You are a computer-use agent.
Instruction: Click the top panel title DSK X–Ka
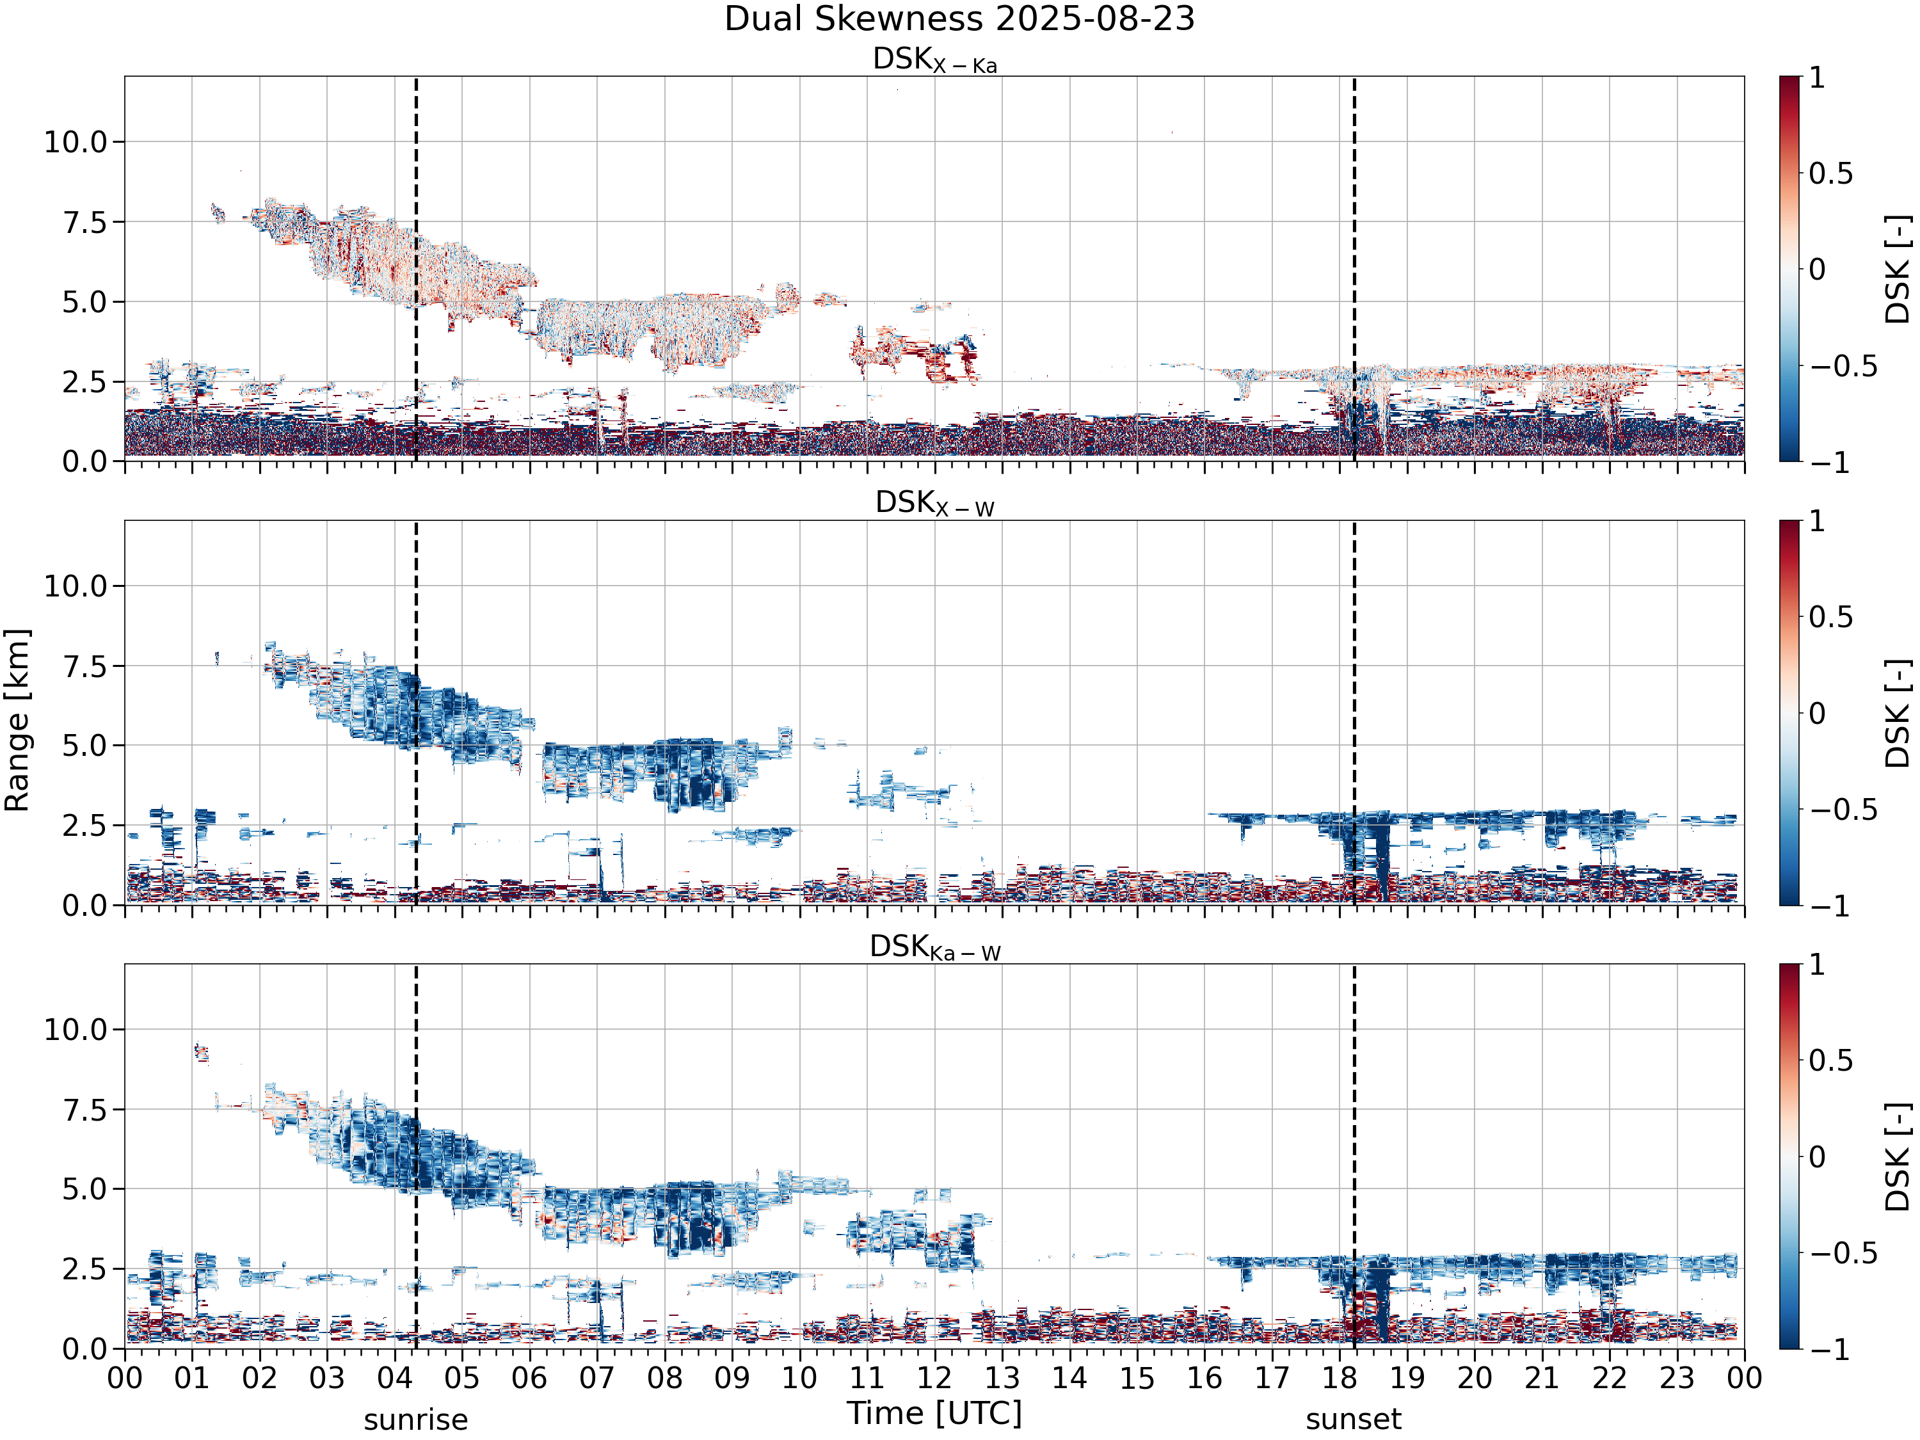[935, 60]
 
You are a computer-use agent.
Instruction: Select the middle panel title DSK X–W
[935, 504]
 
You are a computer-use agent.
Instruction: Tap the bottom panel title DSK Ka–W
[935, 947]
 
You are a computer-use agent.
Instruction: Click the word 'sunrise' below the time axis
[416, 1421]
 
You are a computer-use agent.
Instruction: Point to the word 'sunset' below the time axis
[1353, 1421]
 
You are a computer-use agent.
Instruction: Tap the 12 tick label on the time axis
[935, 1377]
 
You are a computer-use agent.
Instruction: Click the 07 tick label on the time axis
[597, 1377]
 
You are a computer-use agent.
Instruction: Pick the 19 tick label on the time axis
[1407, 1377]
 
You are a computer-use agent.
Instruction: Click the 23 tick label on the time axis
[1677, 1377]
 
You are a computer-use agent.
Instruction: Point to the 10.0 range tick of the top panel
[76, 141]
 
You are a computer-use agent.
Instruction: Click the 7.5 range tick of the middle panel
[84, 666]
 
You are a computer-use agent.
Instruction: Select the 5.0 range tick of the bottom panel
[84, 1189]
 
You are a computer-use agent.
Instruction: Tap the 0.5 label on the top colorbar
[1830, 173]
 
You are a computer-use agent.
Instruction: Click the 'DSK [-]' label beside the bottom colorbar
[1898, 1156]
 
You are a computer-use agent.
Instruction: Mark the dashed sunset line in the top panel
[1354, 269]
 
